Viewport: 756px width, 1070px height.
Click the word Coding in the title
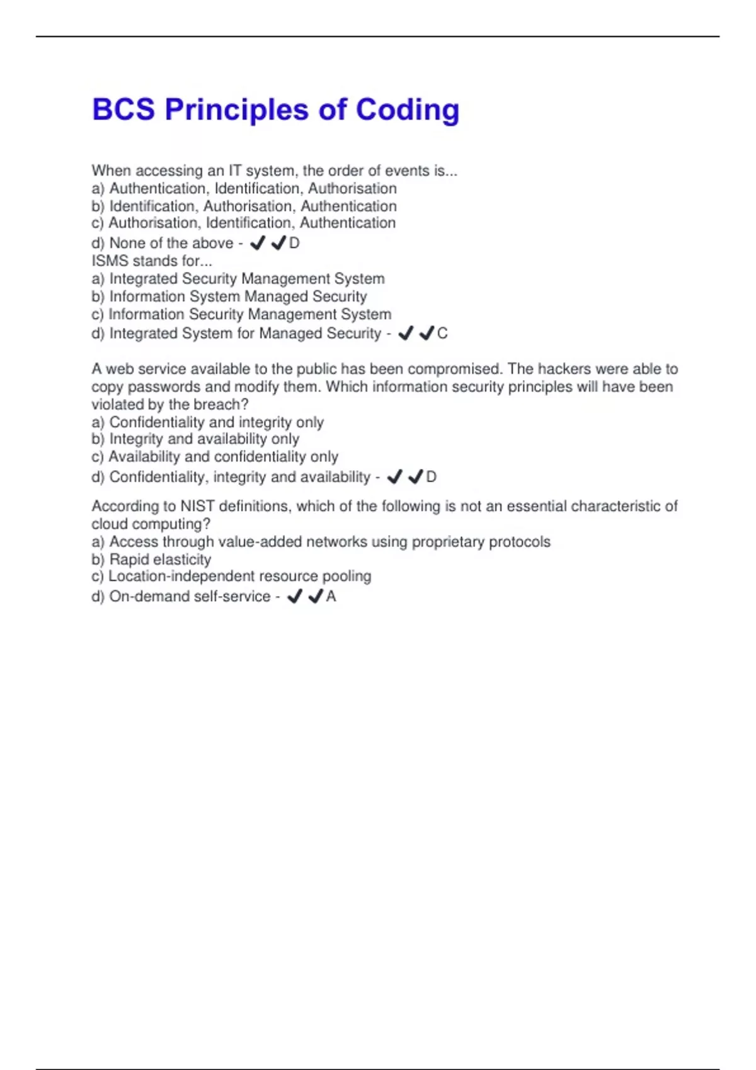pyautogui.click(x=408, y=110)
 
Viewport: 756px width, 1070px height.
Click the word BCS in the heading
pyautogui.click(x=123, y=110)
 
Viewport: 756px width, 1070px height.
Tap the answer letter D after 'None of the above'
pyautogui.click(x=294, y=243)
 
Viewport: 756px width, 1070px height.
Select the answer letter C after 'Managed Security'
pyautogui.click(x=442, y=334)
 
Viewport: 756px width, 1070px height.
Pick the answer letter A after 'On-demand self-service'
pyautogui.click(x=331, y=597)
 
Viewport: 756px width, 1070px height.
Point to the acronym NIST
pyautogui.click(x=198, y=506)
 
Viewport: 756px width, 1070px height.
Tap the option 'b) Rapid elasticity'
pyautogui.click(x=151, y=560)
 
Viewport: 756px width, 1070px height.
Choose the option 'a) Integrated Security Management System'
pyautogui.click(x=238, y=279)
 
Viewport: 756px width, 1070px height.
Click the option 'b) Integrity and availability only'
pyautogui.click(x=195, y=439)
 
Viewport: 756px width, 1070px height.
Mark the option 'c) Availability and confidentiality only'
pyautogui.click(x=215, y=456)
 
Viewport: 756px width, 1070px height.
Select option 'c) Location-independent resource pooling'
pyautogui.click(x=231, y=576)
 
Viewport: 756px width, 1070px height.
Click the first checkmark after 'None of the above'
pyautogui.click(x=257, y=243)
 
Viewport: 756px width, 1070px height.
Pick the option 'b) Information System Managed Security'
pyautogui.click(x=229, y=296)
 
